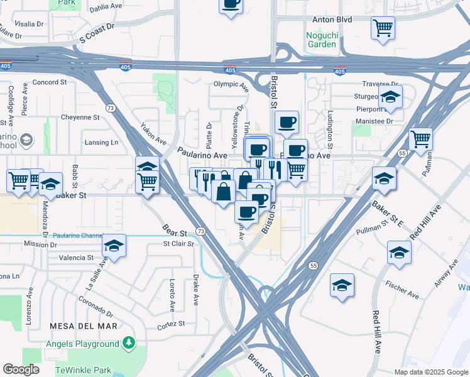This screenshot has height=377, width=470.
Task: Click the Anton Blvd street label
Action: pos(331,19)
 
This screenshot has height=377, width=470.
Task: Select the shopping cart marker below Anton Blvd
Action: pos(382,28)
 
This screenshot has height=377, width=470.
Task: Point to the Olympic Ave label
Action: pos(231,84)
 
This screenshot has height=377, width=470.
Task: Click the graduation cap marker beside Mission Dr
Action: pos(114,245)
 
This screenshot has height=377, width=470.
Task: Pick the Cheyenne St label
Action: pos(80,117)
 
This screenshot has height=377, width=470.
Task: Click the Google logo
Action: pos(21,369)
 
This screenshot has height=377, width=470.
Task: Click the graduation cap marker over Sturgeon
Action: pos(390,97)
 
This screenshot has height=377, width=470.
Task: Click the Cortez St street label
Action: pos(171,324)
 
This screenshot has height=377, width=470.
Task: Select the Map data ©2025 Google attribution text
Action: pos(430,372)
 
